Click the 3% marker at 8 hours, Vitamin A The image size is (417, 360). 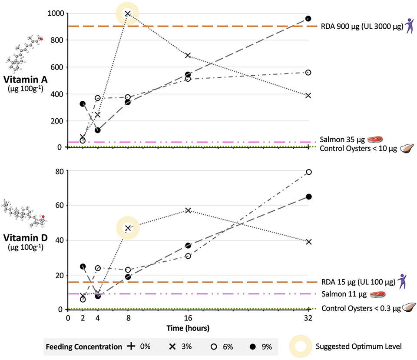point(128,13)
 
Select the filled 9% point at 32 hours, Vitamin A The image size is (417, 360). point(308,19)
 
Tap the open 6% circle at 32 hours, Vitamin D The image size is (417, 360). point(308,172)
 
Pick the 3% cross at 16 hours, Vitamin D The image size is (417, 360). point(188,210)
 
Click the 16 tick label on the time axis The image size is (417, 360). point(188,317)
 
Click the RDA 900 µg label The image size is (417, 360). point(361,26)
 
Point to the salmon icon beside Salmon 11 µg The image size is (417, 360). point(378,294)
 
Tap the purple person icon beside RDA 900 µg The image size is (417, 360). point(409,26)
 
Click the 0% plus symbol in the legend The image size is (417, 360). point(131,347)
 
